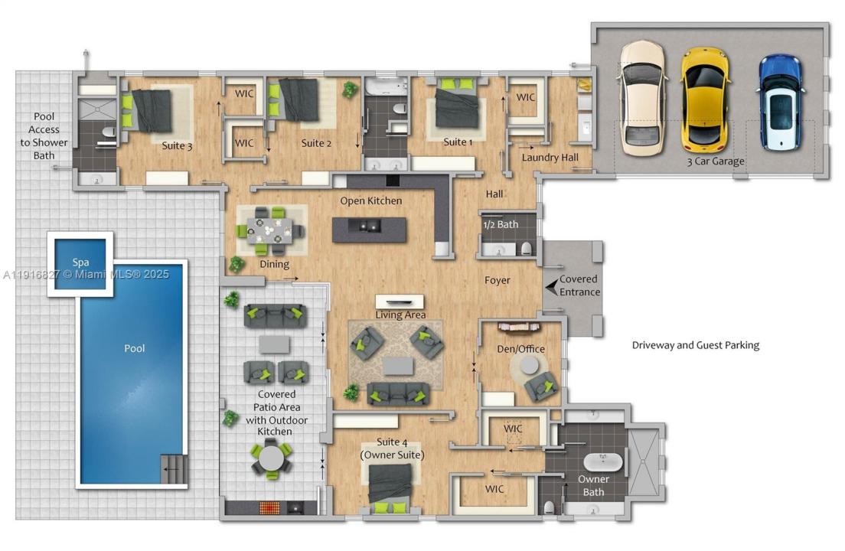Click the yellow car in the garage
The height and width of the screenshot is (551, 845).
tap(705, 99)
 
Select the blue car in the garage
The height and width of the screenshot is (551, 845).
tap(780, 102)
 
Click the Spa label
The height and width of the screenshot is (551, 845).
tap(80, 262)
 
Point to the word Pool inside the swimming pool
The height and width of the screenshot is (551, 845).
tap(135, 348)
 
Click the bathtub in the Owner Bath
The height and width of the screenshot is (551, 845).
tap(602, 462)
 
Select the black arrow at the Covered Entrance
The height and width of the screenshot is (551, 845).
tap(551, 286)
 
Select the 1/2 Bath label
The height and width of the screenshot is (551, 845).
tap(501, 224)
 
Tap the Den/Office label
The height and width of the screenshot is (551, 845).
tap(522, 349)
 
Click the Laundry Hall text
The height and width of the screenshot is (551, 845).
tap(550, 158)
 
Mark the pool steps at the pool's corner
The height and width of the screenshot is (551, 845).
tap(173, 468)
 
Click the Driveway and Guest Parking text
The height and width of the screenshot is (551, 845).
tap(695, 345)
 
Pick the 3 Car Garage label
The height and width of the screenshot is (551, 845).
tap(716, 161)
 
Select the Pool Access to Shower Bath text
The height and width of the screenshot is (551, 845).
tap(44, 136)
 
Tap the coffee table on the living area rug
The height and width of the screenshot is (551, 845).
tap(398, 366)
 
